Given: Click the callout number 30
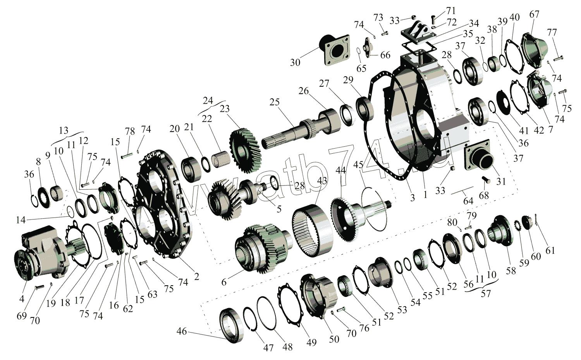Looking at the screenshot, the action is [x=295, y=62].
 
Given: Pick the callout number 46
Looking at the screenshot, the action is [x=182, y=331].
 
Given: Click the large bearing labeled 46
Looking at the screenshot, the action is [x=232, y=325].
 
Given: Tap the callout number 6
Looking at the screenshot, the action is [x=224, y=282].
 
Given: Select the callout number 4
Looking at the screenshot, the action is [x=22, y=299].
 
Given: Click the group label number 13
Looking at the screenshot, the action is [x=64, y=130].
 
